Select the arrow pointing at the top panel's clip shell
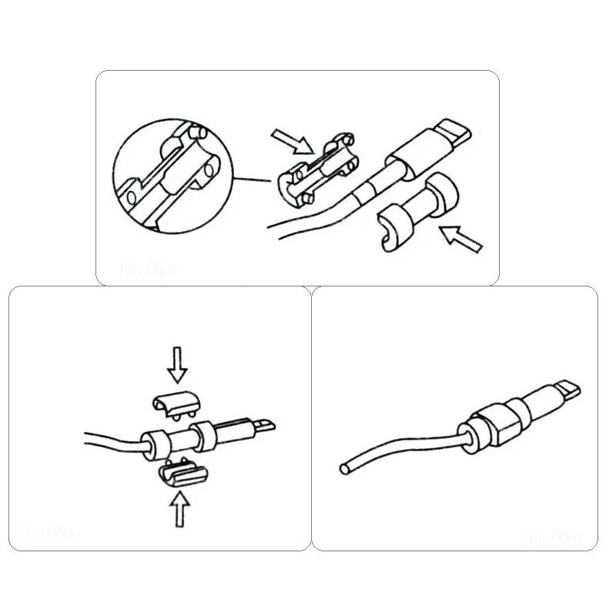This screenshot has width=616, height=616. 292,142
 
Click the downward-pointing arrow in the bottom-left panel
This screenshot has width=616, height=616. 178,364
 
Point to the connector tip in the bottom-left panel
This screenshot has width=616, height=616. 263,425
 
